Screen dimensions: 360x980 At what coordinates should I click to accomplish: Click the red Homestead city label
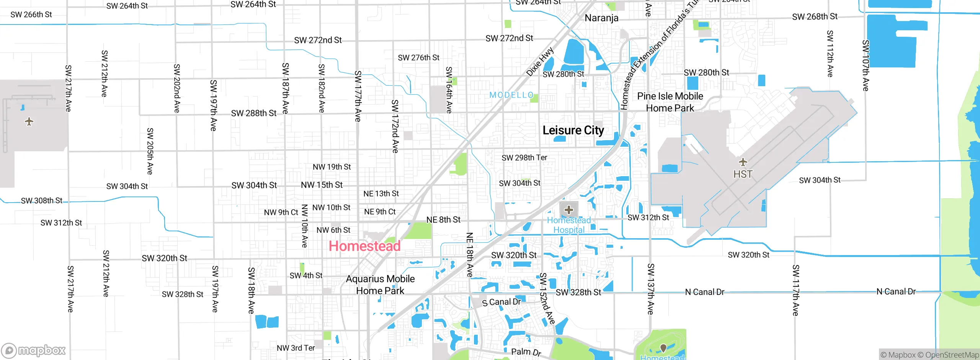[364, 246]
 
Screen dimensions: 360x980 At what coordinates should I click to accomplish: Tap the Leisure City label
[573, 130]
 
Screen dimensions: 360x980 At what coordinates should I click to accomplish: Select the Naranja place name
[601, 18]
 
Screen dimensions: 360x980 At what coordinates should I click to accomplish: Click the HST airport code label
[743, 174]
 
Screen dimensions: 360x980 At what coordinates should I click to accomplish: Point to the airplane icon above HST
[743, 162]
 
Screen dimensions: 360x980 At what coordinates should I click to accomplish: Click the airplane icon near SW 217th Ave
[29, 122]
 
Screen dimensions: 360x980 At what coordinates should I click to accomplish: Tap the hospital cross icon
[569, 209]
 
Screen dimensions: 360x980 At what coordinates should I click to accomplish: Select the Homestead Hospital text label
[569, 225]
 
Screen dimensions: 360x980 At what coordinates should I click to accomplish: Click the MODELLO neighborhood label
[511, 95]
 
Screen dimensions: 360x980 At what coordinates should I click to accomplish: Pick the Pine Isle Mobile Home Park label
[670, 102]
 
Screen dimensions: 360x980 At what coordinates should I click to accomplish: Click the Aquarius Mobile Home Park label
[380, 285]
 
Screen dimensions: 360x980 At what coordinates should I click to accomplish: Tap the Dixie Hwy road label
[540, 62]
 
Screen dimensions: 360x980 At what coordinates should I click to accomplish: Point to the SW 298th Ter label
[524, 157]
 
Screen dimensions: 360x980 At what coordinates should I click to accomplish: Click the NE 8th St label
[443, 219]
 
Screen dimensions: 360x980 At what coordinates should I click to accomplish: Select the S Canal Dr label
[501, 302]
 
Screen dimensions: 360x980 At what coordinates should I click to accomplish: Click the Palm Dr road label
[526, 352]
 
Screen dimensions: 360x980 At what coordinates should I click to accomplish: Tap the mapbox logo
[34, 350]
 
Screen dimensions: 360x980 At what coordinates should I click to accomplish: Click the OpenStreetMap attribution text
[952, 355]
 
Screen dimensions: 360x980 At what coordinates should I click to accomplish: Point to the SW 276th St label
[418, 57]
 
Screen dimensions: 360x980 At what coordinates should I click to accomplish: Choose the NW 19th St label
[332, 167]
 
